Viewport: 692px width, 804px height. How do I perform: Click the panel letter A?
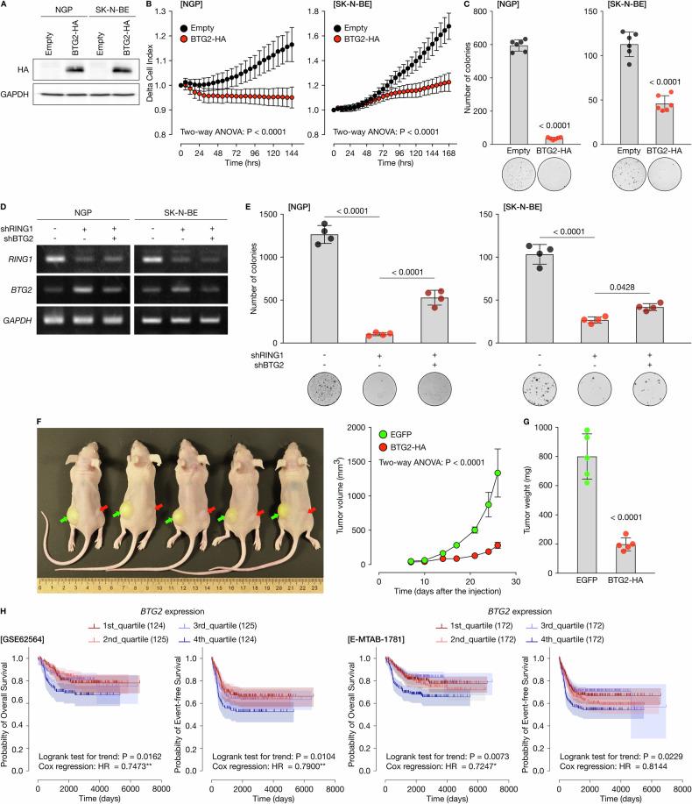5,6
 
